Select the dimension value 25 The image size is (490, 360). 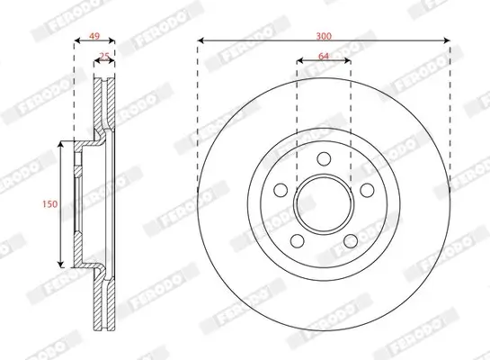(103, 57)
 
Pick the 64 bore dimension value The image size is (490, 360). (324, 58)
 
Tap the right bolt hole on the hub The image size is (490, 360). (365, 191)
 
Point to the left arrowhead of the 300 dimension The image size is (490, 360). (200, 42)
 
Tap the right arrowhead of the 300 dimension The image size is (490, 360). (446, 42)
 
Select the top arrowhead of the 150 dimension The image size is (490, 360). (60, 143)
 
